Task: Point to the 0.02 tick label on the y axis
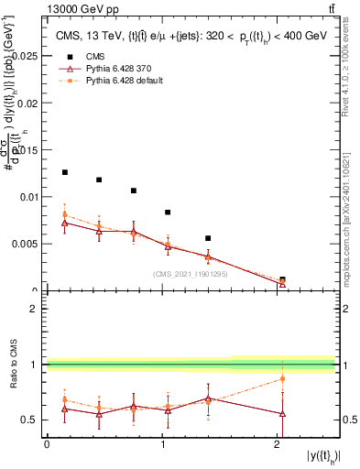click(28, 103)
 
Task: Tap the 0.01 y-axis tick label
click(28, 197)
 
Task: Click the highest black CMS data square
click(65, 172)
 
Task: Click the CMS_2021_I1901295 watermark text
click(191, 274)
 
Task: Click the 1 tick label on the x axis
click(162, 443)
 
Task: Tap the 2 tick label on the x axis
click(278, 443)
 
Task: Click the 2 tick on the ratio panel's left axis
click(35, 309)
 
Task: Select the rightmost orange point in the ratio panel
click(282, 378)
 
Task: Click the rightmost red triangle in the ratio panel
click(282, 414)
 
